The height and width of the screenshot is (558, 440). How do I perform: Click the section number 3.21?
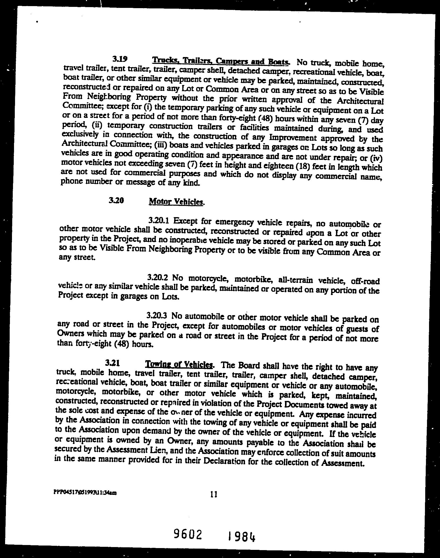113,363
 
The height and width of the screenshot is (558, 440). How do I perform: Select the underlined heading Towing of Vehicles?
179,365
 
